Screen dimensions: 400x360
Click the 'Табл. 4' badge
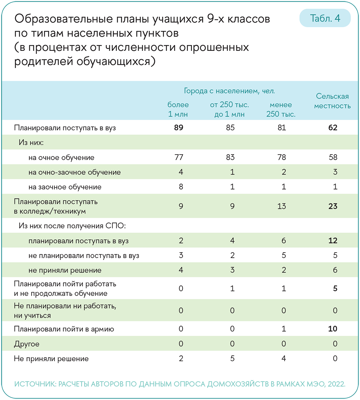pos(325,19)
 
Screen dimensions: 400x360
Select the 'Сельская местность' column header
pos(332,101)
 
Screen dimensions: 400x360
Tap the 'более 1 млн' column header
pos(178,109)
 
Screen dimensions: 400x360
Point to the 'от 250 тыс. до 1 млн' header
pos(229,109)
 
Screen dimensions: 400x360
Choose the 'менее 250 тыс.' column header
pos(281,109)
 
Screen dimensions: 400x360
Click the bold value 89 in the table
pos(179,128)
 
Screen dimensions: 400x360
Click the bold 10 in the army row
pos(332,329)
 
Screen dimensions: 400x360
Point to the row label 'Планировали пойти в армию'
pos(64,329)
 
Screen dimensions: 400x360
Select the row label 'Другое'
pos(26,344)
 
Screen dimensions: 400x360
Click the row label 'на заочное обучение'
pos(65,187)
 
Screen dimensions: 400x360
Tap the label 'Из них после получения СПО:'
pos(72,226)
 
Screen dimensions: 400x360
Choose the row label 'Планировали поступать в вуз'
pos(65,128)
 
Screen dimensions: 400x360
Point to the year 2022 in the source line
pos(335,384)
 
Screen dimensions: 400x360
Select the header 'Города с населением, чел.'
pos(229,90)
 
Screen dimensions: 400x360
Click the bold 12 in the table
pos(332,241)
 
